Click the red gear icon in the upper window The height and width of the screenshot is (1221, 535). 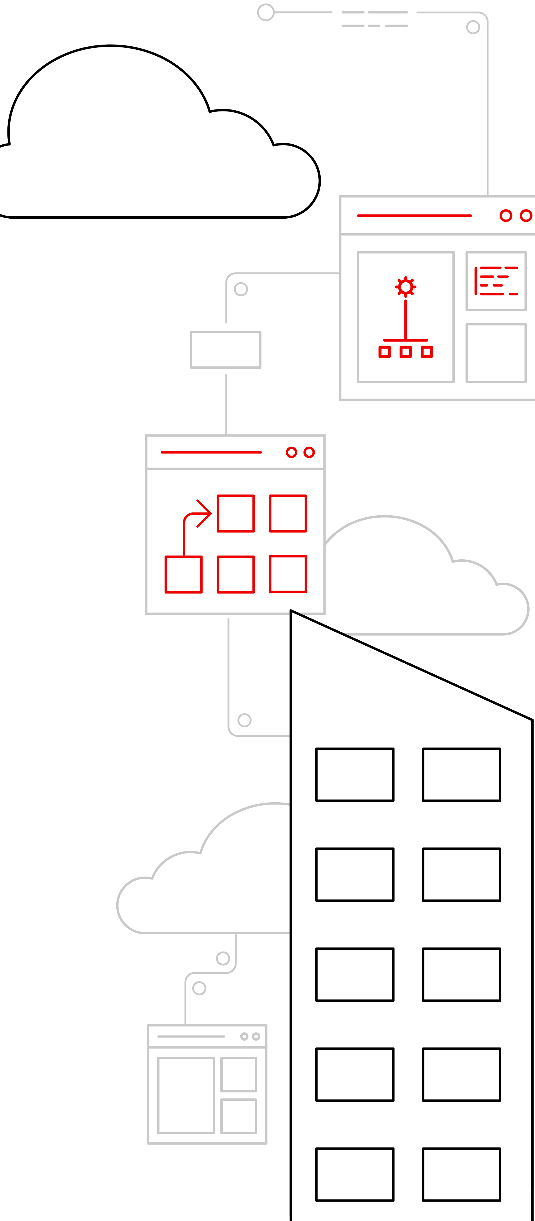tap(406, 287)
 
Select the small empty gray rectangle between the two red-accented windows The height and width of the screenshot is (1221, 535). tap(225, 349)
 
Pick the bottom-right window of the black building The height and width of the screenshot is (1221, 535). tap(462, 1174)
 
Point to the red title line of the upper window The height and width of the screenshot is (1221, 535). tap(414, 216)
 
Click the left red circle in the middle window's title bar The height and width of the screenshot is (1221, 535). tap(292, 452)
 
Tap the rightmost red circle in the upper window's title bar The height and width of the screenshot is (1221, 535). tap(526, 216)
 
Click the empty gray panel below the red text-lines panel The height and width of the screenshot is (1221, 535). tap(496, 353)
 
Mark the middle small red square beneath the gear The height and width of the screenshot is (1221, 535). tap(406, 352)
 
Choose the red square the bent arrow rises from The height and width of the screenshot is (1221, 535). tap(183, 574)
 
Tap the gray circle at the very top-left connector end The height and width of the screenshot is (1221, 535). tap(266, 12)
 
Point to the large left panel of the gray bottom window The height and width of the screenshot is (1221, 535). tap(186, 1095)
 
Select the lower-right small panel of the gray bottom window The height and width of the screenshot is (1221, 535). tap(239, 1116)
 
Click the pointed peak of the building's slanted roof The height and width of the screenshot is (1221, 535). tap(291, 611)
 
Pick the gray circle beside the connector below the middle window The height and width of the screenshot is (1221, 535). tap(245, 720)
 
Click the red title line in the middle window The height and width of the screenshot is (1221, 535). tap(211, 452)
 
